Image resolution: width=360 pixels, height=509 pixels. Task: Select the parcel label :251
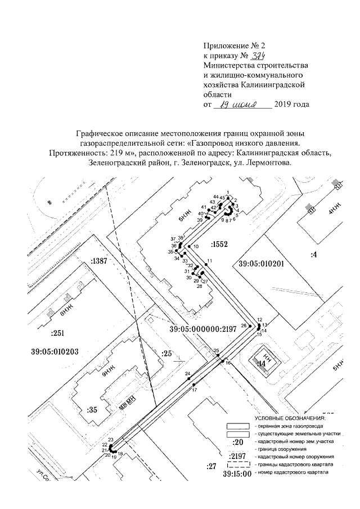[58, 333]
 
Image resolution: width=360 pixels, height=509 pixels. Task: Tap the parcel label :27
[211, 466]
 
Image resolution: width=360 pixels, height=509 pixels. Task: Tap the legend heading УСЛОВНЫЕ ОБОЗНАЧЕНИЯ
[290, 418]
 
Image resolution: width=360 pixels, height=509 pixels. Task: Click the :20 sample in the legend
[238, 442]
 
